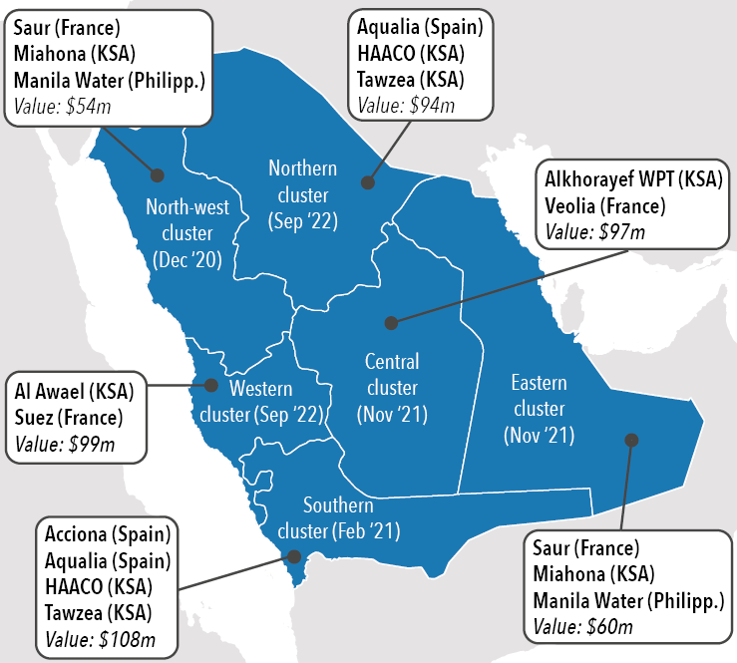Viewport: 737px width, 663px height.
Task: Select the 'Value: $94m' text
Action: point(406,104)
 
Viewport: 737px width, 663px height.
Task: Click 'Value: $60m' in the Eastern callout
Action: point(582,626)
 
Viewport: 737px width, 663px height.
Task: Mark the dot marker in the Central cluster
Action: point(392,323)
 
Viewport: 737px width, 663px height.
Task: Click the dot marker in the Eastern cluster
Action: point(629,439)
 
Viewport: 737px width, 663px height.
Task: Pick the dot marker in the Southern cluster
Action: point(293,558)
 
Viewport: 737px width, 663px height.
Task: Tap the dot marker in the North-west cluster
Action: point(157,174)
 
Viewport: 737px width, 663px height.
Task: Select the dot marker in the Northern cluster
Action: point(367,182)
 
